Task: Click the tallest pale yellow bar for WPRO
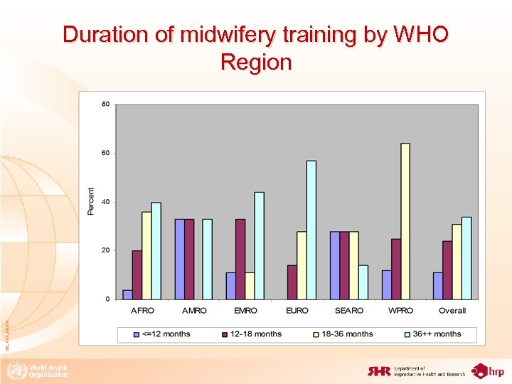[405, 221]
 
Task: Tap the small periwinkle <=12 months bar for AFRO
[127, 294]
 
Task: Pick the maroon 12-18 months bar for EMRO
[240, 259]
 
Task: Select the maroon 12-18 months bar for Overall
[447, 270]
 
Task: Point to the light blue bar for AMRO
[208, 259]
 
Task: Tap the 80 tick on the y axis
[105, 105]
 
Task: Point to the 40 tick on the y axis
[105, 202]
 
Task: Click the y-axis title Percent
[91, 202]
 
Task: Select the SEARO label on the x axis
[348, 311]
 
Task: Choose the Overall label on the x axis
[452, 311]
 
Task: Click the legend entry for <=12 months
[161, 334]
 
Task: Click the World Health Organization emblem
[14, 370]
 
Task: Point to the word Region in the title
[256, 63]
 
